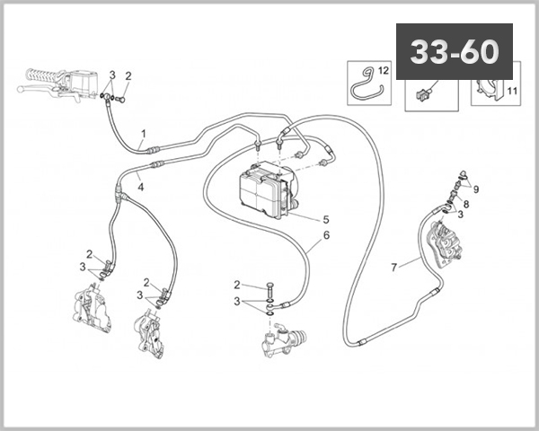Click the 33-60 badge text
[x=454, y=52]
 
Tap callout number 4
[x=141, y=186]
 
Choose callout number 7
[x=393, y=267]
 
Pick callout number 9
[x=476, y=189]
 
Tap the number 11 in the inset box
[x=513, y=92]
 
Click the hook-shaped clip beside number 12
[x=364, y=84]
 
